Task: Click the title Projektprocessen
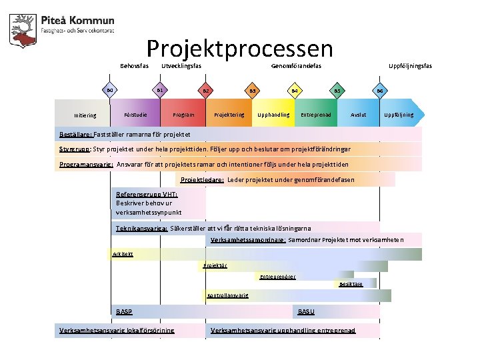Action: coord(239,48)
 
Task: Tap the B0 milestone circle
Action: coord(111,91)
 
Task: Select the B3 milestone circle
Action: coord(252,91)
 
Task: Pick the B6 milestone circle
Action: coord(380,91)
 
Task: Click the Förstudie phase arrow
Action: coord(136,115)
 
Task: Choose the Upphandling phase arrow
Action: coord(273,115)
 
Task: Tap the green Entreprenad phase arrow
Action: coord(316,115)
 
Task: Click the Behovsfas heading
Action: coord(134,66)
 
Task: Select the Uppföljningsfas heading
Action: coord(410,66)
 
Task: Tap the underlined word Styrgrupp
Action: coord(75,149)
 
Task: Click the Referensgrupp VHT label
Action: coord(146,194)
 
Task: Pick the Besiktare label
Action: coord(351,283)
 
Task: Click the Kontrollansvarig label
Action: coord(227,295)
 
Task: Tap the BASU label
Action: coord(306,312)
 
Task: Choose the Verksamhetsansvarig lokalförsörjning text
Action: coord(117,331)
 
